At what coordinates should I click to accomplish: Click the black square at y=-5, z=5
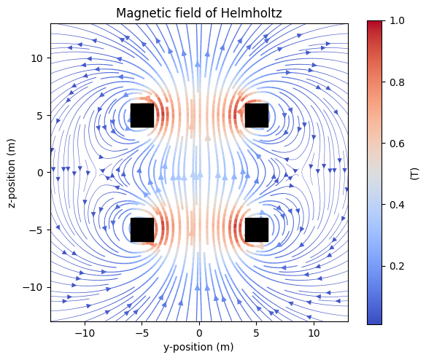(142, 115)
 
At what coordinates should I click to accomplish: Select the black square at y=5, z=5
(257, 115)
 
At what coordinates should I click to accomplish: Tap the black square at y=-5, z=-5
(142, 230)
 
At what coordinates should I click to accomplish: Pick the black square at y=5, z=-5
(257, 230)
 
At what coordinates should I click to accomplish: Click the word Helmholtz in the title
(252, 13)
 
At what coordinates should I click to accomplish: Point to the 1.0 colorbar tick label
(397, 20)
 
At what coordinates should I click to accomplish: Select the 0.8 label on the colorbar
(397, 82)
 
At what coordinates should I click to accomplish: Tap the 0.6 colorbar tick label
(397, 144)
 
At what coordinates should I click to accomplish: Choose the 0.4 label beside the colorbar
(397, 205)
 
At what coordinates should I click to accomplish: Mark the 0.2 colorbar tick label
(397, 266)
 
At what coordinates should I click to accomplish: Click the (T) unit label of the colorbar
(414, 173)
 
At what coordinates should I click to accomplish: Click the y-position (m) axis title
(198, 347)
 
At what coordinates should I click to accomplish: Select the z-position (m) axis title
(12, 173)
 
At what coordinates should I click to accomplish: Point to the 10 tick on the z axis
(37, 58)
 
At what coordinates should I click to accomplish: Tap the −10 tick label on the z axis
(33, 287)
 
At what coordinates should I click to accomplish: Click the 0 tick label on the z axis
(40, 173)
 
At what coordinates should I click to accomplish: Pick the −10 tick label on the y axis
(85, 333)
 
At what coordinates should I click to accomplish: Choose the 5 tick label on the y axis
(257, 333)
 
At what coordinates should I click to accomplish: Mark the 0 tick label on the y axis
(199, 333)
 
